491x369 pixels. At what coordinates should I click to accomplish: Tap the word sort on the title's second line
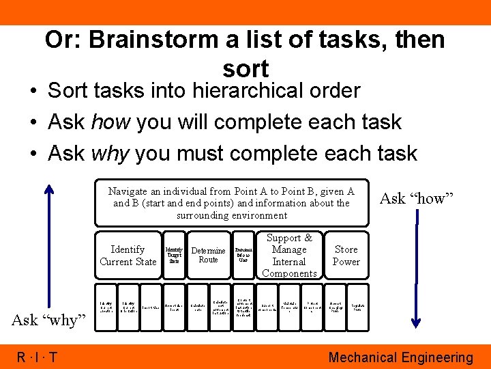(245, 68)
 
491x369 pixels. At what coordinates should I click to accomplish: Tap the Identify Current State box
(128, 256)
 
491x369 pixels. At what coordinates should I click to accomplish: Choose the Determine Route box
(208, 256)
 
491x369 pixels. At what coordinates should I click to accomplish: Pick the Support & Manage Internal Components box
(289, 256)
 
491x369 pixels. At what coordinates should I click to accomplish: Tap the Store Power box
(346, 256)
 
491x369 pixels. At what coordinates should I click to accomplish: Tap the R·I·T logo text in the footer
(38, 357)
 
